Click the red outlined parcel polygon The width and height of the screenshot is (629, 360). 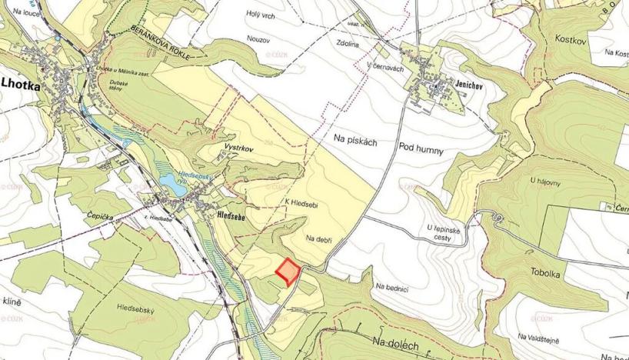pos(287,272)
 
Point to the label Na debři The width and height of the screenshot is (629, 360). pos(318,238)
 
